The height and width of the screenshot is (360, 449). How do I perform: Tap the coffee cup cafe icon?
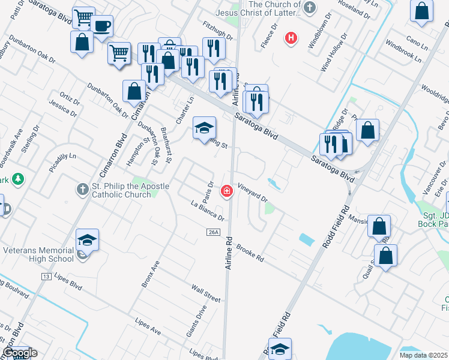pos(102,26)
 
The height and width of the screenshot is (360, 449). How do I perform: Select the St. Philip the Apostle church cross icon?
pos(83,190)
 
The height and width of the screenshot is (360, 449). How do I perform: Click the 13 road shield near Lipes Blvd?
pos(46,276)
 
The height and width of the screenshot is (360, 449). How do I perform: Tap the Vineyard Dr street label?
pos(252,192)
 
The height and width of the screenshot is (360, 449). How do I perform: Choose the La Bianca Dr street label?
pos(207,211)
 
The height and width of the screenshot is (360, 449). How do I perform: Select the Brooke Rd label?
pos(250,252)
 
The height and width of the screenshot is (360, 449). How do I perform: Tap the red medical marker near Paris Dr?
pos(227,191)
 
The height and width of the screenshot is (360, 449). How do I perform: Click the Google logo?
pos(20,353)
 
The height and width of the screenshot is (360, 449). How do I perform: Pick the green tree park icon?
pos(19,179)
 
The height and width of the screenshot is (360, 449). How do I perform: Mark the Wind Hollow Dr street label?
pos(334,53)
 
